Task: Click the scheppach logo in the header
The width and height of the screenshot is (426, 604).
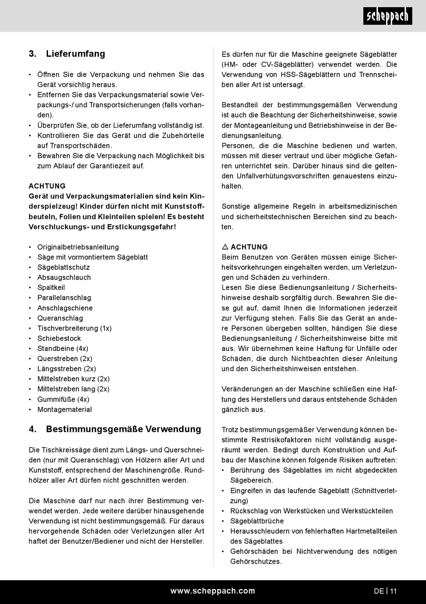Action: tap(387, 17)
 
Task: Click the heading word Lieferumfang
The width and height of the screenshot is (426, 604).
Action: tap(75, 54)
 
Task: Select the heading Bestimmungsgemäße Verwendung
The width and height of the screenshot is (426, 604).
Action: tap(123, 429)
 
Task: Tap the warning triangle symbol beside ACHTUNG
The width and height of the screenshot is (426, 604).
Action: tap(225, 247)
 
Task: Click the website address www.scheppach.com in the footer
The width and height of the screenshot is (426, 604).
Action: tap(213, 591)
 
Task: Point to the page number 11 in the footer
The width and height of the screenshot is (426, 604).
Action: tap(393, 591)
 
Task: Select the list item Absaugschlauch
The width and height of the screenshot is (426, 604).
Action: tap(64, 277)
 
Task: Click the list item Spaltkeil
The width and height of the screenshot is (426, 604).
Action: tap(51, 288)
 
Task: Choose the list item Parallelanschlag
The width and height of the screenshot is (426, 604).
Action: tap(64, 298)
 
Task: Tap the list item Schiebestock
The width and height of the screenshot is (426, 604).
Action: tap(59, 338)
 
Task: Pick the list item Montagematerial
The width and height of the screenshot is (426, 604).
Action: tap(65, 410)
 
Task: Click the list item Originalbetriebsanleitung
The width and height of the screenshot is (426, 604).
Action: tap(78, 247)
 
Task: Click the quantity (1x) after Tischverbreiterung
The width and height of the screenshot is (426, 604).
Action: tap(106, 328)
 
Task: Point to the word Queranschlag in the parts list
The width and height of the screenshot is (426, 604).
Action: tap(60, 318)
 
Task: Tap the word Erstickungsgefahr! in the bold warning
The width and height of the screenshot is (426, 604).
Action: tap(141, 227)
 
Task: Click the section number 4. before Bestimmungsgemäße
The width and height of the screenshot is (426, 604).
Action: tap(32, 429)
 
